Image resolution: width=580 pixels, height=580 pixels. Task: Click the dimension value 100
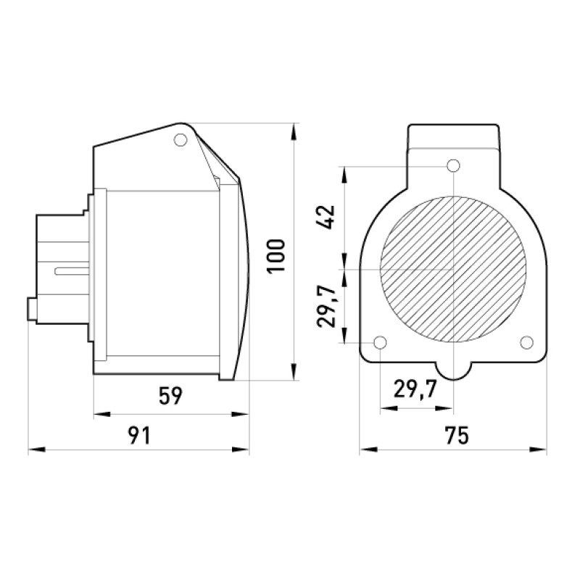276,256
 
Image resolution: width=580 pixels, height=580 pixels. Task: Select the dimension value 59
170,396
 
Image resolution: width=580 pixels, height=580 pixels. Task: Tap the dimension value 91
139,436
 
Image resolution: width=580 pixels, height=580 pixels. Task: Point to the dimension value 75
457,436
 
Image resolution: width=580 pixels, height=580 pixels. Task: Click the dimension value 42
326,217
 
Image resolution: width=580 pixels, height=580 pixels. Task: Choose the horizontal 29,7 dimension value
415,389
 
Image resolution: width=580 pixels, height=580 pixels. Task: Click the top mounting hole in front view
453,166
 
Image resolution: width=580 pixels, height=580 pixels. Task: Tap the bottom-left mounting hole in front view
380,342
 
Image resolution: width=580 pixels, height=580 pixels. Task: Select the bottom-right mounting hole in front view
526,342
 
